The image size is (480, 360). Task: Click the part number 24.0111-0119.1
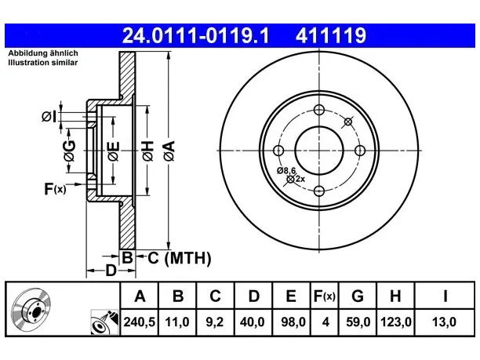tap(195, 35)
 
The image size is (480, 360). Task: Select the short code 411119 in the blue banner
tap(331, 35)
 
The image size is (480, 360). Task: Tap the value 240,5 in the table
tap(140, 322)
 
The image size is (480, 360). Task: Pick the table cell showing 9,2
tap(215, 322)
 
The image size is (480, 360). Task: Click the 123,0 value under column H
tap(395, 322)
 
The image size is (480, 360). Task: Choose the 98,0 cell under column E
tap(293, 322)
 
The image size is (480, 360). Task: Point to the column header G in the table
tap(358, 296)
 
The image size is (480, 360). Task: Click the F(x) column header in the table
tap(325, 296)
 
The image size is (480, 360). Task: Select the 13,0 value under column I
tap(444, 322)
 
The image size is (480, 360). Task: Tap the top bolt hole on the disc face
tap(319, 110)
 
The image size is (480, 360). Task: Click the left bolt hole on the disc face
tap(278, 151)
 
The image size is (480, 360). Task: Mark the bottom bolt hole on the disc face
tap(319, 191)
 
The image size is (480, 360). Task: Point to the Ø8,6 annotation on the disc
tap(286, 171)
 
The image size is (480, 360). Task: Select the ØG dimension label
tap(69, 151)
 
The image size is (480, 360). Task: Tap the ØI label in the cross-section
tap(49, 117)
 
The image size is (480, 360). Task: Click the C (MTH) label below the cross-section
tap(180, 258)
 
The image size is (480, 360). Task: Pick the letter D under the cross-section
tap(111, 271)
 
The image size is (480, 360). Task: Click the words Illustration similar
tap(43, 63)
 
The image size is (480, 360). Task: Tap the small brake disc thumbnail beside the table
tap(31, 308)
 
